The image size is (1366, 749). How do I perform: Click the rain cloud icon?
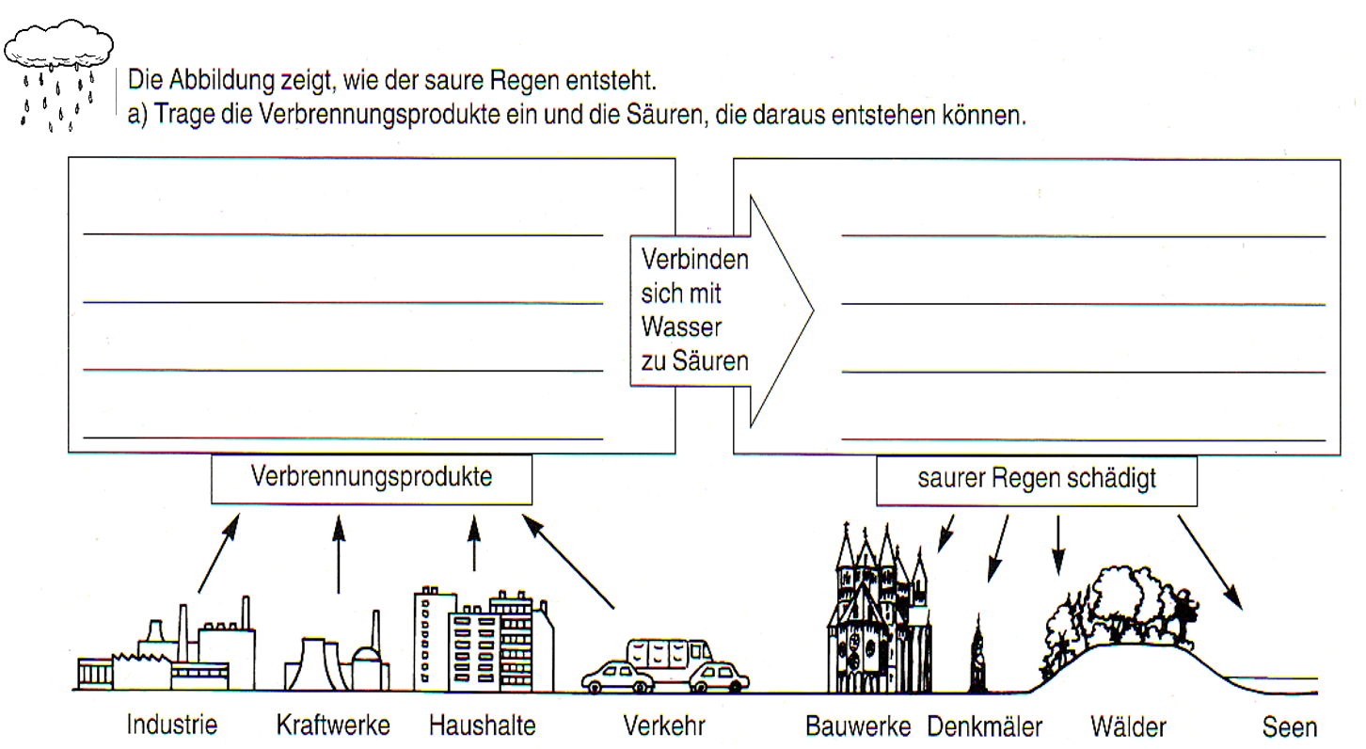[58, 47]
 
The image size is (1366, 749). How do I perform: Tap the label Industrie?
[172, 725]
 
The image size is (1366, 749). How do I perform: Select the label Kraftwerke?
[333, 725]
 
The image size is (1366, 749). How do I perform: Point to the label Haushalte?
[483, 725]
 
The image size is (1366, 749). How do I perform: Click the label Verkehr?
[663, 725]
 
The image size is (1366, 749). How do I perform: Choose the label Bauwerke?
[858, 726]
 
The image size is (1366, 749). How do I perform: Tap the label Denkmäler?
[985, 726]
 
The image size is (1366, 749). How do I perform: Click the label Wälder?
[1128, 726]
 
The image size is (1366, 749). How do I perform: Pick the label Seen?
[1290, 726]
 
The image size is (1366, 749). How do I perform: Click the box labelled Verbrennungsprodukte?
[372, 478]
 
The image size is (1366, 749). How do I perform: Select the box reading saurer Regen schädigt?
[1037, 480]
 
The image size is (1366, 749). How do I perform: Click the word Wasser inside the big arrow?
[681, 327]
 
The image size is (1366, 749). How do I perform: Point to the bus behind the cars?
[669, 651]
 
